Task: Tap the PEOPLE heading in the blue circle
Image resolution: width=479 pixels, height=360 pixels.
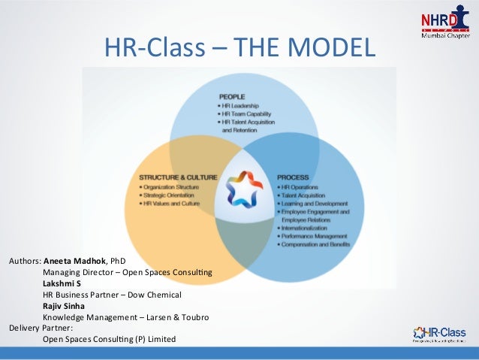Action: pyautogui.click(x=232, y=96)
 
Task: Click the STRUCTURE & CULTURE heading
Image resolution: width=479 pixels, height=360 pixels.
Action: pyautogui.click(x=178, y=178)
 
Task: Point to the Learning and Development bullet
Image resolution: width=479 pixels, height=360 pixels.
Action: pyautogui.click(x=314, y=204)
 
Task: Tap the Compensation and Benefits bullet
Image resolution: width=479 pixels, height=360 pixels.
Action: pyautogui.click(x=316, y=246)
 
